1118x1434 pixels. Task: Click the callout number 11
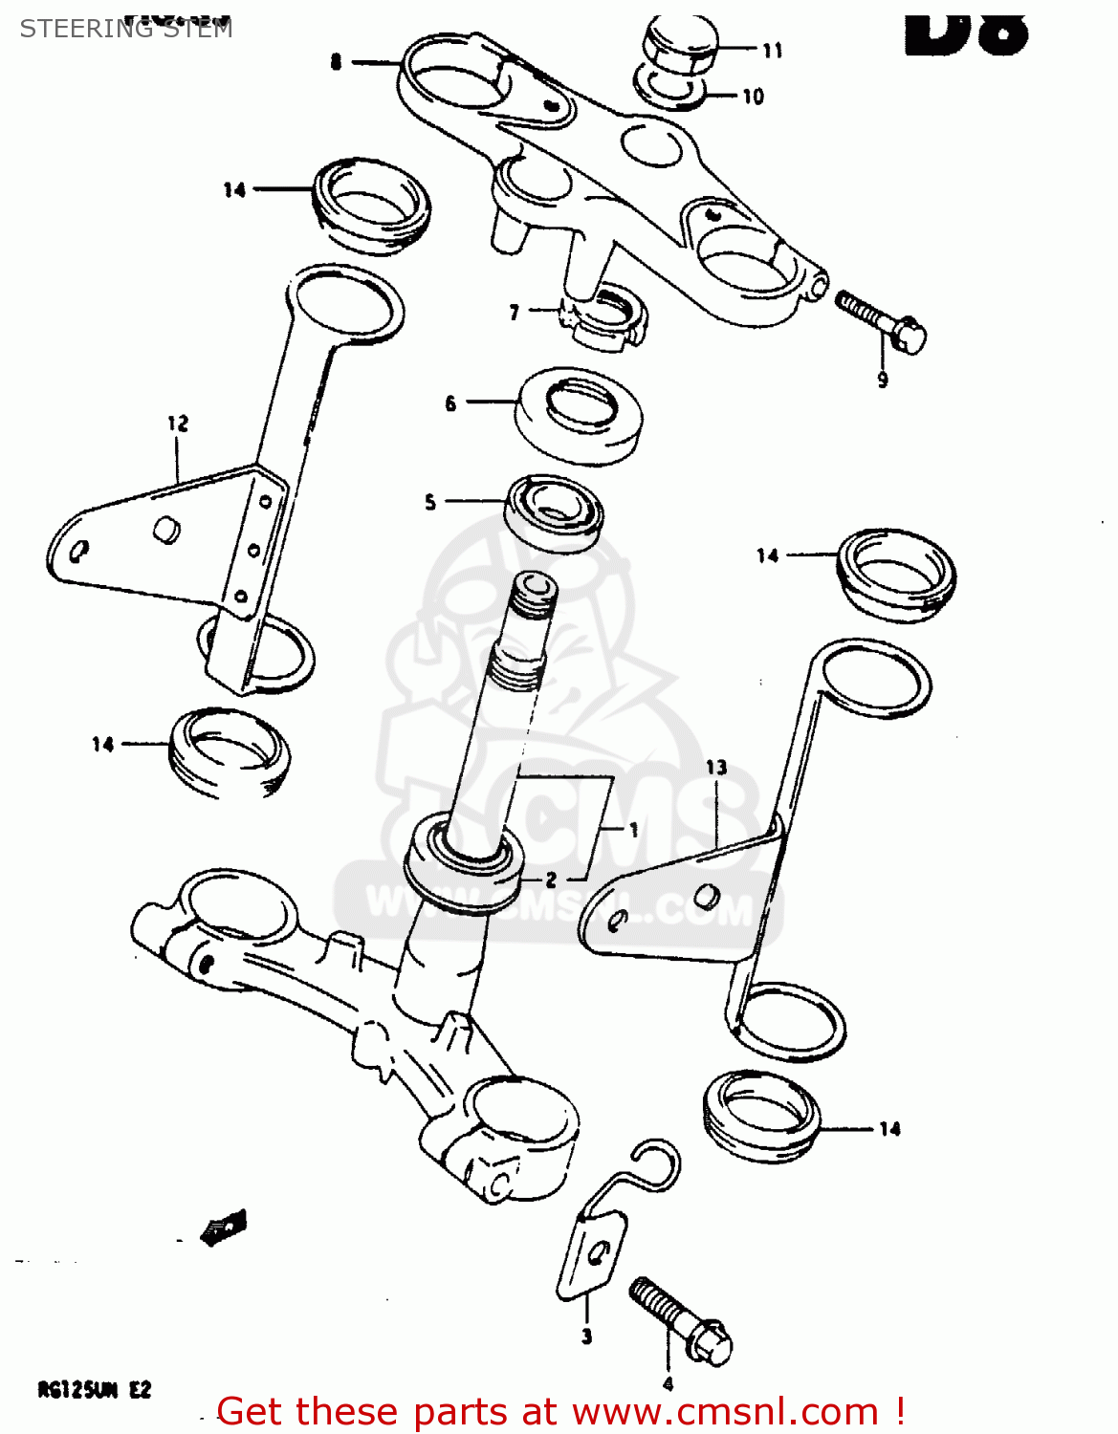click(x=773, y=51)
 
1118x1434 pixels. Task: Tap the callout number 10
click(x=753, y=97)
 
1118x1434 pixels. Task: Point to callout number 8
click(x=336, y=62)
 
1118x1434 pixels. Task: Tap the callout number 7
click(x=515, y=312)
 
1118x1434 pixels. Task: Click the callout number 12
click(x=178, y=423)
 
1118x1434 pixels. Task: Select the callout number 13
click(x=716, y=767)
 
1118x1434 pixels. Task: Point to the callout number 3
click(x=586, y=1336)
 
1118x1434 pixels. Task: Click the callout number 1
click(x=633, y=830)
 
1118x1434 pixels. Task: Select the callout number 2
click(x=551, y=880)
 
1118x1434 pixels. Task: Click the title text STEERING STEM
click(x=125, y=29)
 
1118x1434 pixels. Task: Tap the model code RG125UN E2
click(x=94, y=1390)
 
